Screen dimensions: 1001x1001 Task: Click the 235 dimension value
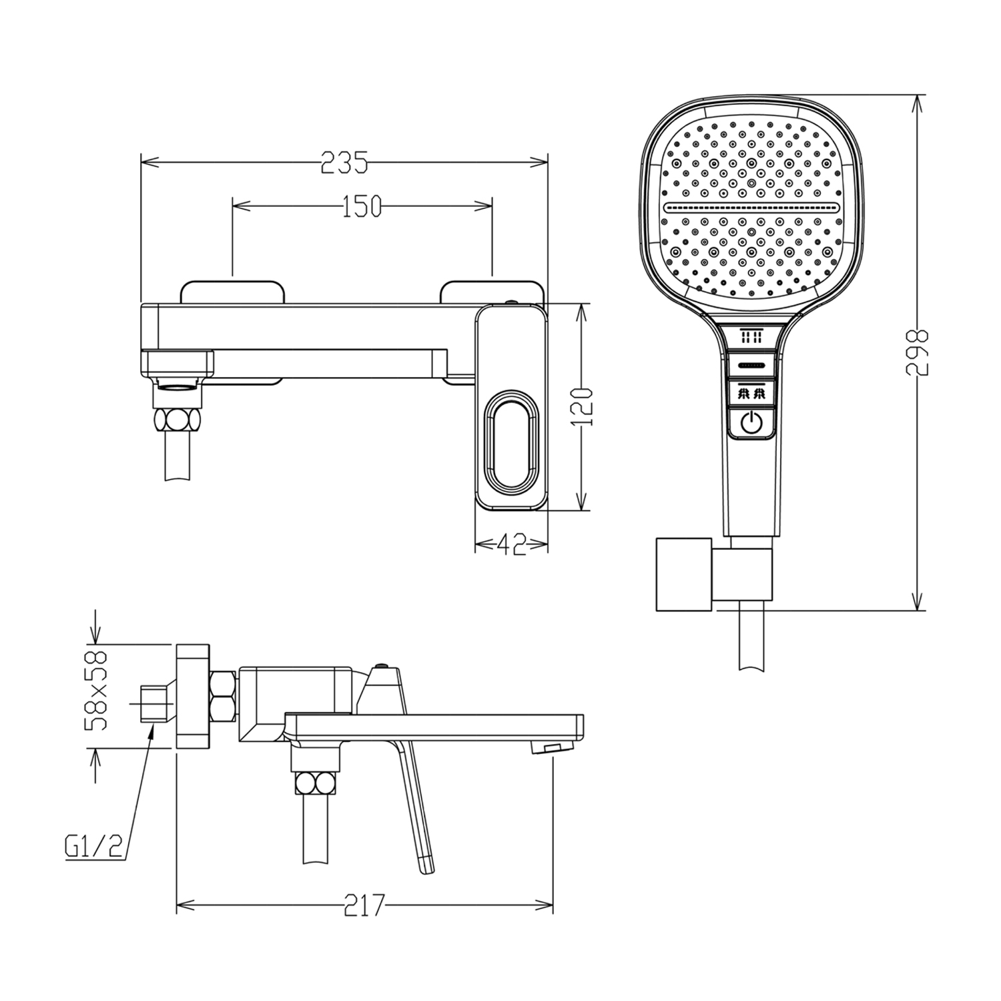click(x=344, y=163)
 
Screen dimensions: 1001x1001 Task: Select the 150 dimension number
click(x=362, y=207)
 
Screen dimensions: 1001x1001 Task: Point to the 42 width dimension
click(x=511, y=545)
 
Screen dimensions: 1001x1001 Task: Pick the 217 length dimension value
click(x=364, y=906)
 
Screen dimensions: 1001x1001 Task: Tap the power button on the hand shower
click(x=751, y=422)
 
